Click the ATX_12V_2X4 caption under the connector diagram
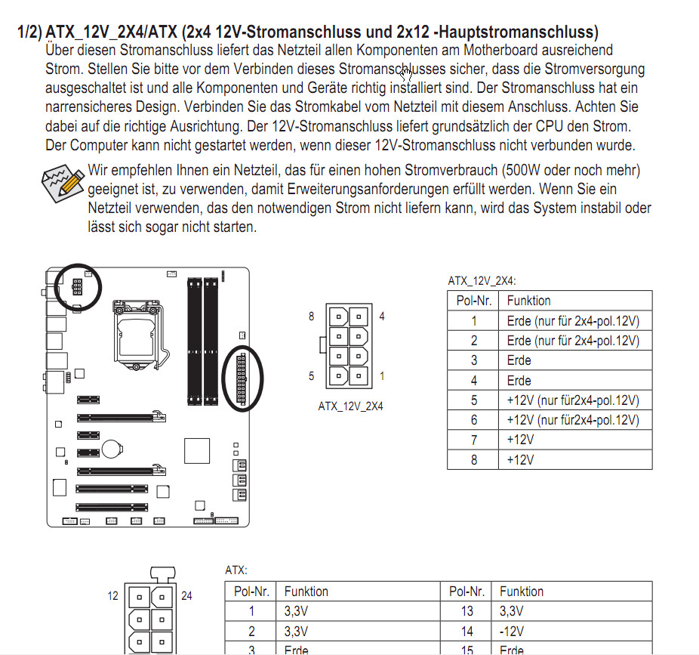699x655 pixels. (x=350, y=406)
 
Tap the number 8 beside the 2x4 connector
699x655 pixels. (x=311, y=317)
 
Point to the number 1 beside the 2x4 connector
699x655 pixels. (x=382, y=375)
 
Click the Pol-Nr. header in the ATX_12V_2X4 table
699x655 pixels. (x=473, y=301)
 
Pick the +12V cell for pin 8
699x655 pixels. (x=520, y=459)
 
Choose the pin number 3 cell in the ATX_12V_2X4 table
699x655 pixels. (x=473, y=360)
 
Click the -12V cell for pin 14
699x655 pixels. (x=510, y=632)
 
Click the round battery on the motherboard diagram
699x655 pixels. (x=112, y=449)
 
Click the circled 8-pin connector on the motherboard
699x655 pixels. (x=78, y=286)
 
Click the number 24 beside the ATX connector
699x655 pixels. (x=186, y=595)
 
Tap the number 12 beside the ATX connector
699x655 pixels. (x=112, y=595)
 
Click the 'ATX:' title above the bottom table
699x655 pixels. (x=236, y=570)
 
